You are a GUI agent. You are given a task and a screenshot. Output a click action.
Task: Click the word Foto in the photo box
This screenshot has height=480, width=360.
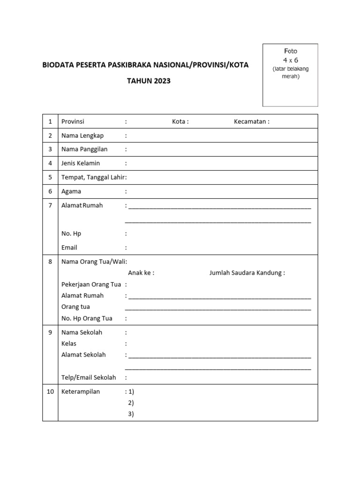290,51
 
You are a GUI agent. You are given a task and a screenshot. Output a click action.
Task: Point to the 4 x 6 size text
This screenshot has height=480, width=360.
290,60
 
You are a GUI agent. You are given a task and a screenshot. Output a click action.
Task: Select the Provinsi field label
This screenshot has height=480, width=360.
73,121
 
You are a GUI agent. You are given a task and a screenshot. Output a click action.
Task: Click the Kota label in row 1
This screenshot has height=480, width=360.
180,121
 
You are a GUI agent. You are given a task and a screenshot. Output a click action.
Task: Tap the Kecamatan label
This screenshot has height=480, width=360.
251,121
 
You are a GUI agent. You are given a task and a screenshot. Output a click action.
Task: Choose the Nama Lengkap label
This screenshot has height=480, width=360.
82,135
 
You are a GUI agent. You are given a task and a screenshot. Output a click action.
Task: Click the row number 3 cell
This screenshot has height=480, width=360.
50,149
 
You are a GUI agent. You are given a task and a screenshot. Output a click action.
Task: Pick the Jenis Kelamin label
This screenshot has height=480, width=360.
81,163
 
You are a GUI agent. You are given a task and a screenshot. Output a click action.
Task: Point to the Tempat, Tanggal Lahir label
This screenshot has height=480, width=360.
93,177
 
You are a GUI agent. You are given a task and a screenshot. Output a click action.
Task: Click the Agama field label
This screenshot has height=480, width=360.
71,191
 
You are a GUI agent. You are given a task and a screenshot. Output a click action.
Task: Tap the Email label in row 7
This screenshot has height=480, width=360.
69,247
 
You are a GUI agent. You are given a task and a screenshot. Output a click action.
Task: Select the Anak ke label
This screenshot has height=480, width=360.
141,273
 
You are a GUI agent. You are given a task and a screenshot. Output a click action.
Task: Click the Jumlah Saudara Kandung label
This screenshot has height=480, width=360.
247,273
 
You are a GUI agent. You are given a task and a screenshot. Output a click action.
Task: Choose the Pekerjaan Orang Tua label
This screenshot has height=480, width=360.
91,284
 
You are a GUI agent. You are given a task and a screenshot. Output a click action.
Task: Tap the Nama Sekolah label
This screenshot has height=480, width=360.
82,332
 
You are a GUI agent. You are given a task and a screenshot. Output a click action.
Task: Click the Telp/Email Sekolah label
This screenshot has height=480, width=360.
89,377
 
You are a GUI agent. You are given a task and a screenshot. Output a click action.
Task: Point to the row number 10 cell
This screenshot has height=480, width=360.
50,391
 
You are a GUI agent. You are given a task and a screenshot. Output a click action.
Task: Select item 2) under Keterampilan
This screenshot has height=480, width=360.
131,403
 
